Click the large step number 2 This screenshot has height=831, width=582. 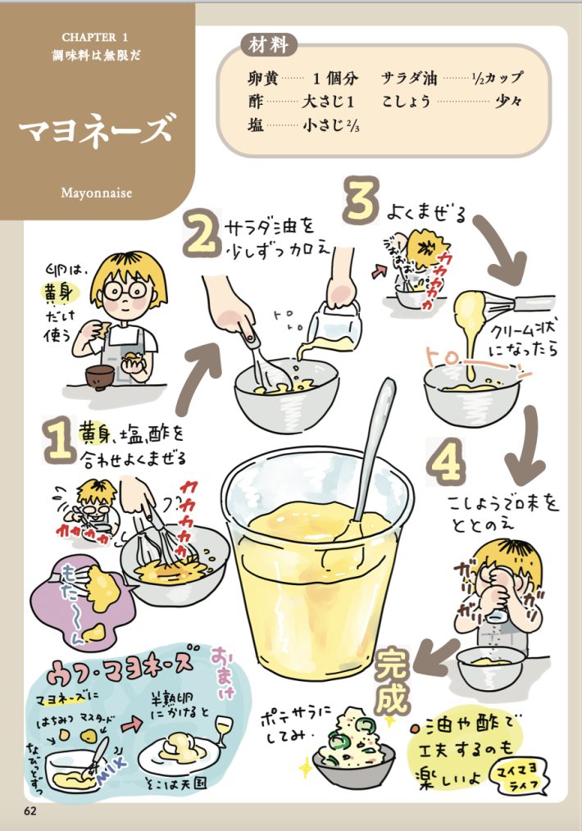[x=200, y=232]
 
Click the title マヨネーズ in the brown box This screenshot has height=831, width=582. [x=97, y=129]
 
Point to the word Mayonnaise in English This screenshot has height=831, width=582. [x=97, y=193]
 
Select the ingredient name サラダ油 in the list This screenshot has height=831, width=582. [x=409, y=79]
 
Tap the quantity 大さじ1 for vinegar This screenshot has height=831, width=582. [x=327, y=102]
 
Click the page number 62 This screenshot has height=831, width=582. [x=31, y=811]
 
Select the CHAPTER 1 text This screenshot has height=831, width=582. [x=97, y=38]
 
